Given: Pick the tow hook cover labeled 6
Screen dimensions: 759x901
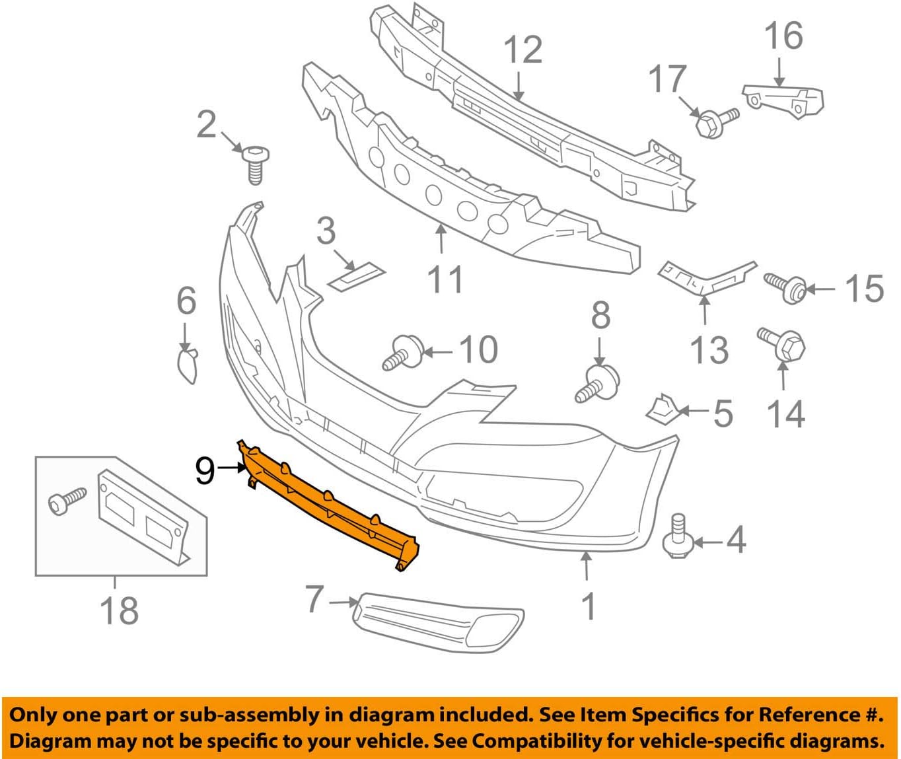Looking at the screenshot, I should click(x=187, y=365).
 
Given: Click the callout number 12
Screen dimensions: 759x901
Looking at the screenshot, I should click(x=523, y=51).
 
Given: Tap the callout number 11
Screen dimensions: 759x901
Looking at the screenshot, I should click(x=446, y=279).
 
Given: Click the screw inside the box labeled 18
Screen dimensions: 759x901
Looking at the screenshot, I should click(x=67, y=501).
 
